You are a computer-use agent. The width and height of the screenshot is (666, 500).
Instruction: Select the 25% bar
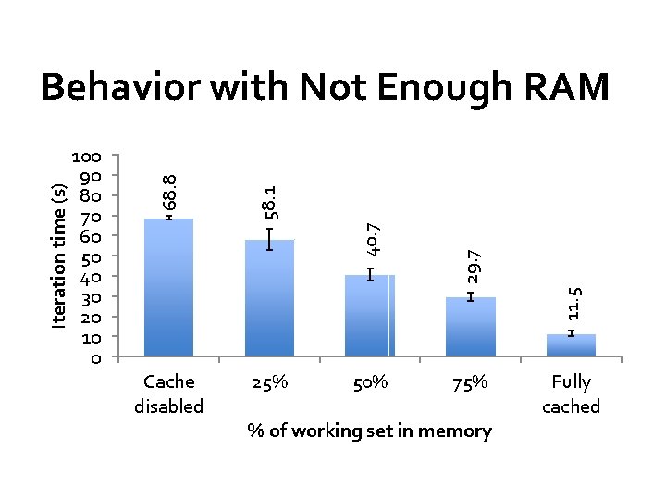[x=269, y=297]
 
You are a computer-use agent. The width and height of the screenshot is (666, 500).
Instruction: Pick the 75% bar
[x=471, y=326]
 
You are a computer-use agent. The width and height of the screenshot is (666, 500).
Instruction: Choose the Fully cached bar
[x=571, y=344]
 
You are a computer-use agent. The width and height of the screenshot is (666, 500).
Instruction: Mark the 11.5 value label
[x=573, y=304]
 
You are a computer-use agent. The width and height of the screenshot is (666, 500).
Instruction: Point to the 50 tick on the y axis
[x=95, y=256]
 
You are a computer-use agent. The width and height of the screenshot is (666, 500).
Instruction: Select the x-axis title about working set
[x=370, y=431]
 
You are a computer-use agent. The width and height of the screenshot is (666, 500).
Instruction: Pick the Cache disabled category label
[x=169, y=394]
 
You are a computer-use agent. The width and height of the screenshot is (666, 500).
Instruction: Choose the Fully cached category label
[x=571, y=394]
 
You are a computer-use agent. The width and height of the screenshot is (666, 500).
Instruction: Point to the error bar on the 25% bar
[x=269, y=239]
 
